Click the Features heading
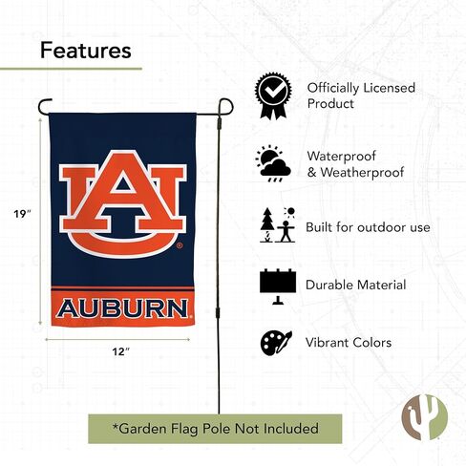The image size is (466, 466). pyautogui.click(x=86, y=51)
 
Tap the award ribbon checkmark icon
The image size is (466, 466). pyautogui.click(x=273, y=95)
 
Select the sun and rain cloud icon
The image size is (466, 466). pyautogui.click(x=273, y=163)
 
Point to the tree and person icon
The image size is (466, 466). pyautogui.click(x=278, y=224)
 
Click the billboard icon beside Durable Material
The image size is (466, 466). pyautogui.click(x=278, y=286)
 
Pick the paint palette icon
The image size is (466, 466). pyautogui.click(x=276, y=343)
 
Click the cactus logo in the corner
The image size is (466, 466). pyautogui.click(x=425, y=417)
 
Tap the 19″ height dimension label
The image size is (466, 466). pyautogui.click(x=22, y=214)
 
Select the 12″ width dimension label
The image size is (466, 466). pyautogui.click(x=121, y=351)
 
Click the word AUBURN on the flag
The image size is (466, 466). pyautogui.click(x=122, y=308)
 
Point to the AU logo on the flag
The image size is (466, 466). pyautogui.click(x=122, y=203)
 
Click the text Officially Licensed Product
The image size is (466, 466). pyautogui.click(x=361, y=95)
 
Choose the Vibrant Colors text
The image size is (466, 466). pyautogui.click(x=349, y=343)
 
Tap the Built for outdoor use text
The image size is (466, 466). pyautogui.click(x=368, y=227)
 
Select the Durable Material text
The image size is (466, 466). pyautogui.click(x=356, y=285)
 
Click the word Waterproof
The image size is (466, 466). pyautogui.click(x=342, y=157)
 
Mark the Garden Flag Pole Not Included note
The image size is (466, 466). pyautogui.click(x=215, y=429)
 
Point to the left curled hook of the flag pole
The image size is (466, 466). pyautogui.click(x=44, y=106)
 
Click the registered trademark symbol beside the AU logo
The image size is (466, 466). pyautogui.click(x=180, y=245)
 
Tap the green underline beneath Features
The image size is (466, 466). pyautogui.click(x=71, y=69)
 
